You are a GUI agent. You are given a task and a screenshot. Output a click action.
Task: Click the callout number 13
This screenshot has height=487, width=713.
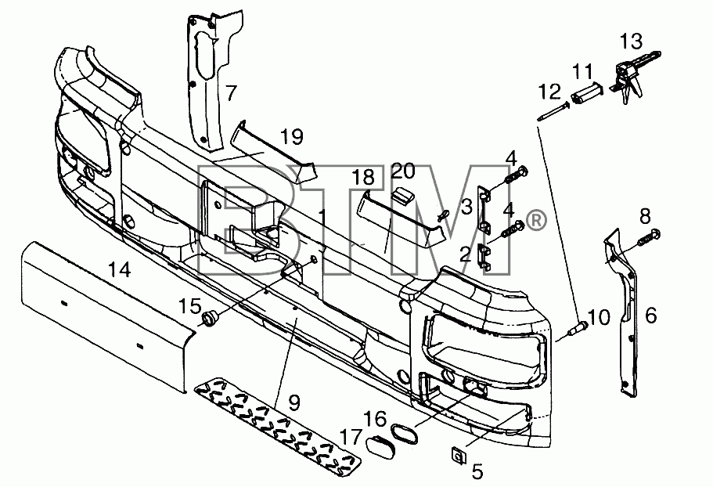(632, 41)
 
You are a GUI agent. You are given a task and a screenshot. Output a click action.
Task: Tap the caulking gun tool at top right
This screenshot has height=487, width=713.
(632, 78)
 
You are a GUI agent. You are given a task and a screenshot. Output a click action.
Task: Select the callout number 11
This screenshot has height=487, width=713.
(582, 71)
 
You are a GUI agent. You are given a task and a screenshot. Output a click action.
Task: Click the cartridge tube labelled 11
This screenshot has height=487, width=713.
(588, 92)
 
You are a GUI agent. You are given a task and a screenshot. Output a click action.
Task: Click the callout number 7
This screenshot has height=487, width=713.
(232, 92)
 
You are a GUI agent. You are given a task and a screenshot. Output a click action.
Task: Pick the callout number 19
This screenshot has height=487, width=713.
(291, 136)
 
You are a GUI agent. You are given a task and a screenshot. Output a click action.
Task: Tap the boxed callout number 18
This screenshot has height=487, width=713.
(364, 177)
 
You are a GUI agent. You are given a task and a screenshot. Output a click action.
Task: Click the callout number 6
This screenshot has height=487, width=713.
(650, 315)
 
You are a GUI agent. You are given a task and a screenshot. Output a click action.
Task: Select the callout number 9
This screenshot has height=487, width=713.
(294, 402)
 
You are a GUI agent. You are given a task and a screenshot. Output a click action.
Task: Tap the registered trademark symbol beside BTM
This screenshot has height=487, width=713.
(535, 221)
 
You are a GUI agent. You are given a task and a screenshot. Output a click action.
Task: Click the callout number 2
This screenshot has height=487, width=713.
(465, 254)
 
